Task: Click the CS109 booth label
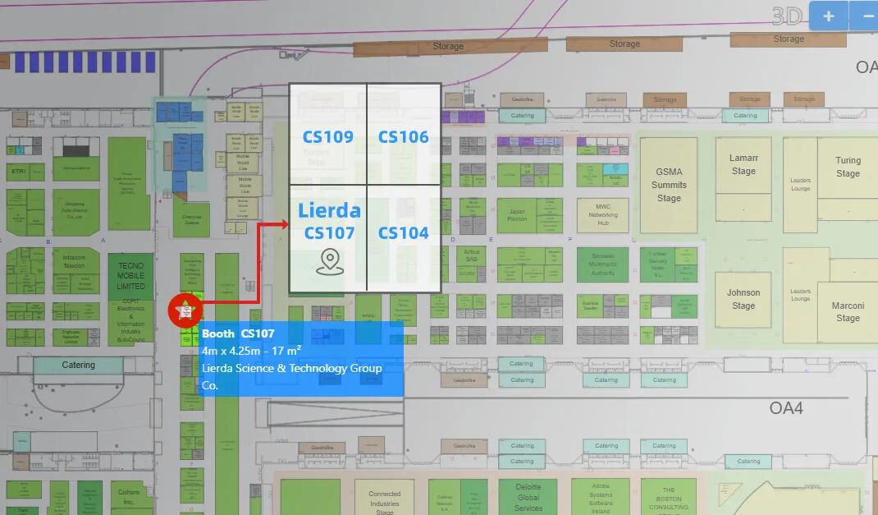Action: pyautogui.click(x=327, y=137)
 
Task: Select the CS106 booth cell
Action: pyautogui.click(x=404, y=137)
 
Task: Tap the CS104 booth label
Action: pyautogui.click(x=404, y=233)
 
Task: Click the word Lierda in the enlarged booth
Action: pyautogui.click(x=329, y=209)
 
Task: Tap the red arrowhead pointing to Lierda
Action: pyautogui.click(x=282, y=224)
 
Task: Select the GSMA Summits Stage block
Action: pyautogui.click(x=669, y=185)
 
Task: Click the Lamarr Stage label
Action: pyautogui.click(x=743, y=164)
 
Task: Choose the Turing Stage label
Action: pyautogui.click(x=848, y=167)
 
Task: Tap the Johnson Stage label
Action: pyautogui.click(x=743, y=299)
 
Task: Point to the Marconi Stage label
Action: pyautogui.click(x=848, y=312)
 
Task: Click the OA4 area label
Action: pyautogui.click(x=786, y=407)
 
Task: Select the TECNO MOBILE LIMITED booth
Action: pyautogui.click(x=130, y=276)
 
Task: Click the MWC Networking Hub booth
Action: pyautogui.click(x=603, y=214)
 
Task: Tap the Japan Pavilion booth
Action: pyautogui.click(x=517, y=214)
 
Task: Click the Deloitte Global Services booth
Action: pyautogui.click(x=528, y=497)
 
